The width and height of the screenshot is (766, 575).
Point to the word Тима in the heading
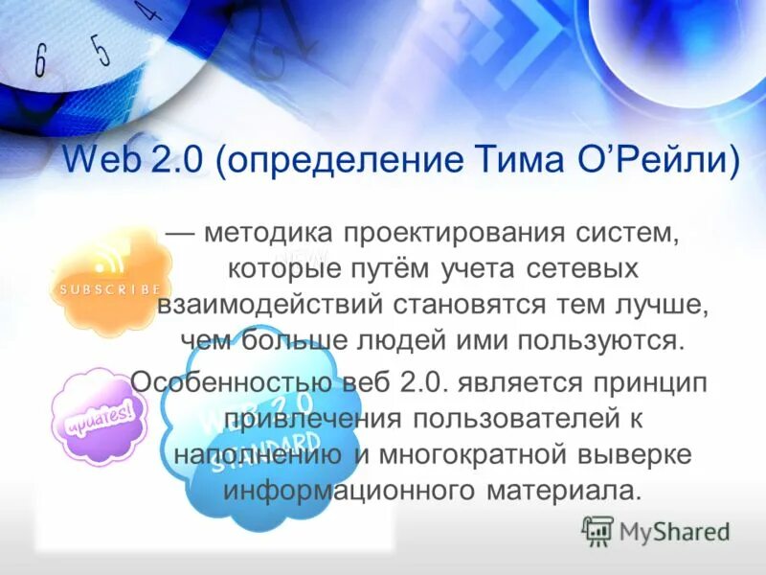click(x=523, y=158)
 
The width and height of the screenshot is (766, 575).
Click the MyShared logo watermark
click(x=656, y=530)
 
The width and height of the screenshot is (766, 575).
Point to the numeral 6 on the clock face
click(x=41, y=60)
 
